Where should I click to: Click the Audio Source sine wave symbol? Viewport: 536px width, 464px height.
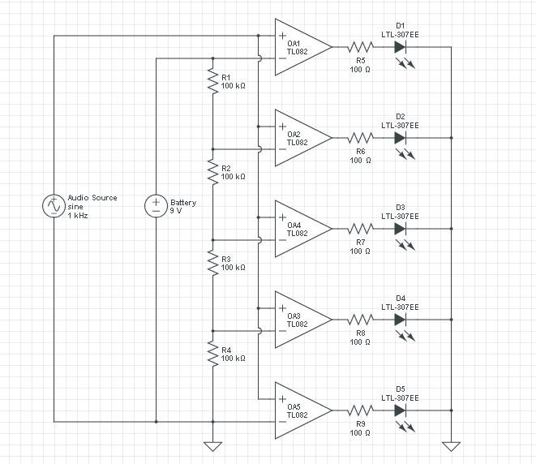coord(54,206)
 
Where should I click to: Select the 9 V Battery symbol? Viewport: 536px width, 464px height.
coord(155,206)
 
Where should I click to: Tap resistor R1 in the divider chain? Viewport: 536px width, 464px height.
coord(212,81)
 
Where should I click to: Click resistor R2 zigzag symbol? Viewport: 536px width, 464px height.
coord(212,172)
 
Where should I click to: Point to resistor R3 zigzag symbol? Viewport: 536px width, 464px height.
coord(212,263)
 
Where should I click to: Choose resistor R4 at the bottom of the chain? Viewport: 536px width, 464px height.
coord(212,354)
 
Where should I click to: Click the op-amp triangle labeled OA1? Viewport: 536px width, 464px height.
coord(300,47)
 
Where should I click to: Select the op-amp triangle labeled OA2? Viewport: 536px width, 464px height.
coord(300,138)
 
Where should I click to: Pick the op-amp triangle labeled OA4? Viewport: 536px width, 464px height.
coord(300,229)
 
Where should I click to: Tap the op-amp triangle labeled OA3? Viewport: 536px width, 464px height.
coord(300,320)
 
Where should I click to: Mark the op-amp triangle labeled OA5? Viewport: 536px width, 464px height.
coord(300,410)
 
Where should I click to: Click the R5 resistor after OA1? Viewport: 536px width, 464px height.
coord(360,47)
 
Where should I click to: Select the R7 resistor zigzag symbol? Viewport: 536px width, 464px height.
coord(360,229)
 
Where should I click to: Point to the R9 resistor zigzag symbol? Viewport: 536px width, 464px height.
coord(360,410)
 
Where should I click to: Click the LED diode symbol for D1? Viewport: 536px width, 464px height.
coord(400,47)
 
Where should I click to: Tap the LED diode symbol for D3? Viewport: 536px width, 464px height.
coord(400,229)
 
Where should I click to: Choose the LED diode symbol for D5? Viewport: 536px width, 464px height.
coord(400,410)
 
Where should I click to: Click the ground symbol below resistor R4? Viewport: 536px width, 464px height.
coord(212,445)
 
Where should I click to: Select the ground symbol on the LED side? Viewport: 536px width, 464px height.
coord(451,445)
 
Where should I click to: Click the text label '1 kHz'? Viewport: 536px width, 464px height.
coord(78,216)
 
